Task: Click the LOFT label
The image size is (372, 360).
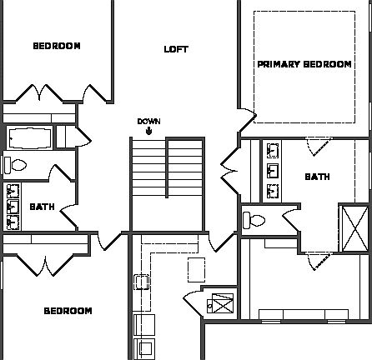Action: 176,49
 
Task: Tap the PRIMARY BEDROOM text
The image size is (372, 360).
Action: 304,64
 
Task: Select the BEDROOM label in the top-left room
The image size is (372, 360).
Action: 57,46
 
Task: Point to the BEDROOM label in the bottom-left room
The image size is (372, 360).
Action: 68,311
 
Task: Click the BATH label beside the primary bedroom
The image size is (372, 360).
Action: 317,177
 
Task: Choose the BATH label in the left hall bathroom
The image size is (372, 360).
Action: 43,207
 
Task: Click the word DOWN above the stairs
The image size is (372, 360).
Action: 148,121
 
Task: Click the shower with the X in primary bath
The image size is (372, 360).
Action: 354,225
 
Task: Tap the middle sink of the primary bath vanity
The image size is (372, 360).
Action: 274,172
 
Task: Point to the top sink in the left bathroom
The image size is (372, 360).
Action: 13,191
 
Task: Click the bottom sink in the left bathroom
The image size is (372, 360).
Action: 13,221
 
